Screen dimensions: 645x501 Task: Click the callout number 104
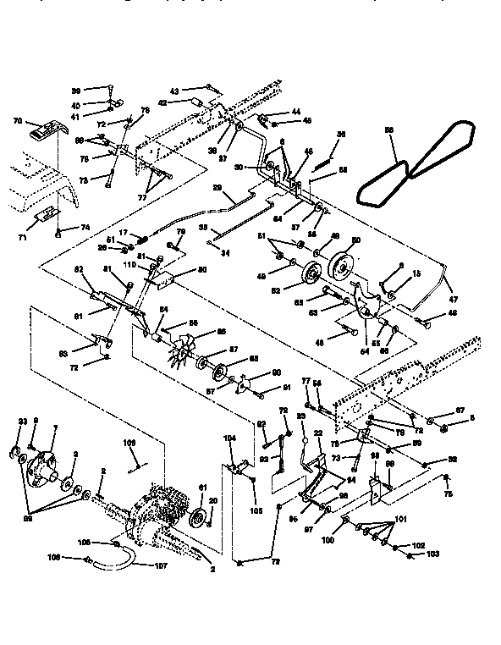(228, 437)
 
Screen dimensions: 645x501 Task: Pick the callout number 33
(22, 421)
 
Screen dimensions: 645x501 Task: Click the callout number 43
(174, 91)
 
